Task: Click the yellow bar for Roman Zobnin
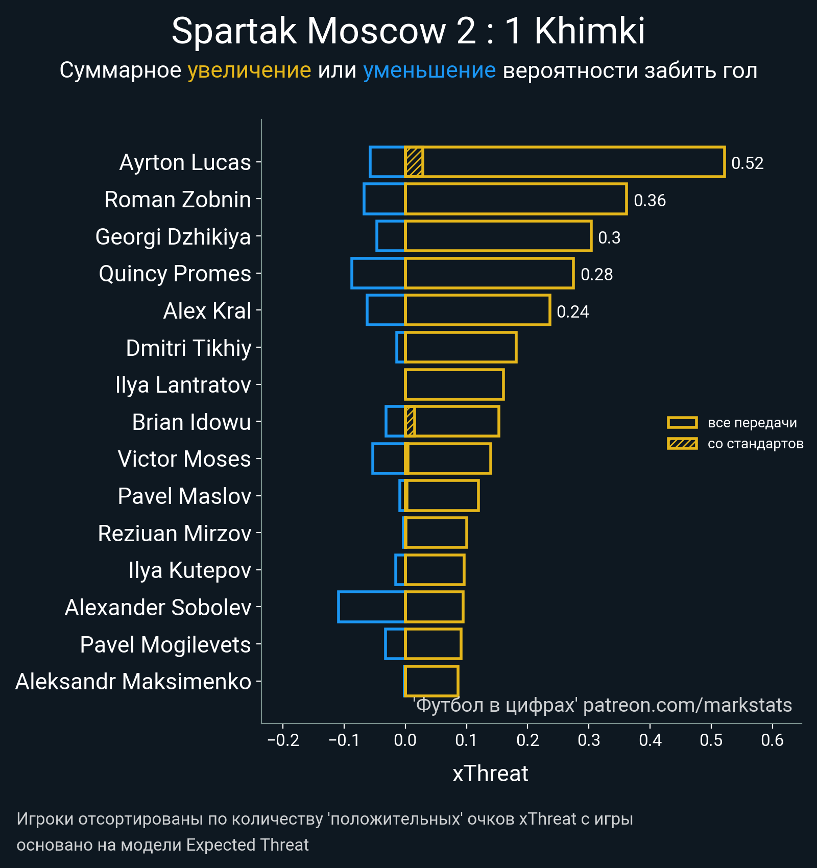point(516,199)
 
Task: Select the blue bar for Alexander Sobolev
point(371,607)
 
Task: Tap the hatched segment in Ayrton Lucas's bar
point(414,162)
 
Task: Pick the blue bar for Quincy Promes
point(378,273)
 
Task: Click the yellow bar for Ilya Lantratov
point(454,384)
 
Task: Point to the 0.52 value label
point(747,163)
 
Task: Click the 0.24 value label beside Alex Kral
point(572,312)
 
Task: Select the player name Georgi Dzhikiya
point(173,237)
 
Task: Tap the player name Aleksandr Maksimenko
point(133,682)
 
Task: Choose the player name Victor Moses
point(184,459)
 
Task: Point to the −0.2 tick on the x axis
point(283,740)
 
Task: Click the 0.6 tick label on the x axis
point(772,740)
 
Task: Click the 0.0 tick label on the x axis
point(405,740)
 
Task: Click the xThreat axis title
point(490,774)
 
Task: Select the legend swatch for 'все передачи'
point(682,423)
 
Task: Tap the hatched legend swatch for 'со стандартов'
point(682,444)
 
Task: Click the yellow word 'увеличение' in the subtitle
point(249,70)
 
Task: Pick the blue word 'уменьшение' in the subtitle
point(429,70)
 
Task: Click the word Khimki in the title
point(590,32)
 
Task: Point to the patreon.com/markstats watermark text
point(687,705)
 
